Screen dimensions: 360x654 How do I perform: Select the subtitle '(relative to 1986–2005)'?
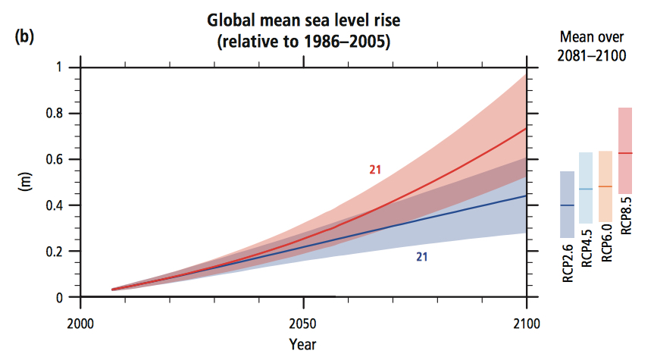(x=303, y=42)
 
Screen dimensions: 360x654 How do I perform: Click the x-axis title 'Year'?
(x=302, y=345)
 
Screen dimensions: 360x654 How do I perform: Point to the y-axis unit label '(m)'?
(x=27, y=183)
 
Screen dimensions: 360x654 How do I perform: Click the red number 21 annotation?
(x=375, y=170)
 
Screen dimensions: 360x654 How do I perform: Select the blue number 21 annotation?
(x=422, y=257)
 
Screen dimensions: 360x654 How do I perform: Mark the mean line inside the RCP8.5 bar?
(x=625, y=153)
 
